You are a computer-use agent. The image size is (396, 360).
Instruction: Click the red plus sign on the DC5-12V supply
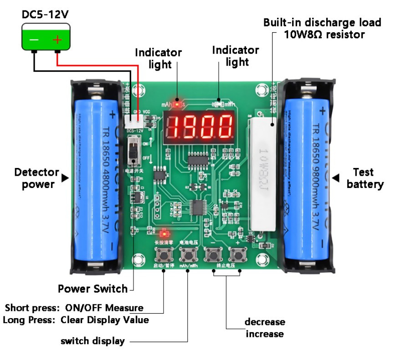tap(57, 40)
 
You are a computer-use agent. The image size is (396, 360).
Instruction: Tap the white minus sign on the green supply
tap(34, 40)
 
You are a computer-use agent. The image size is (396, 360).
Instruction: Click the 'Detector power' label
tap(36, 178)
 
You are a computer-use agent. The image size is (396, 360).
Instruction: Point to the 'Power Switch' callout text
tap(93, 289)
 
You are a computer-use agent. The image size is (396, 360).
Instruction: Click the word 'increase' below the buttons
tap(265, 334)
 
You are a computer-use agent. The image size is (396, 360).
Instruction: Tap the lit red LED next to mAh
tap(176, 101)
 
